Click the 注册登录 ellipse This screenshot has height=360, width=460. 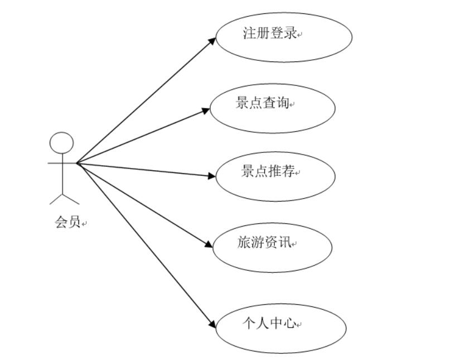[x=284, y=37]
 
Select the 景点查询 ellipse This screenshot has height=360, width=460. [x=272, y=108]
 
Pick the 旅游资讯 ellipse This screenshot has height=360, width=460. [x=272, y=246]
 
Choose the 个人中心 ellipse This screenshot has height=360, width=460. [x=280, y=328]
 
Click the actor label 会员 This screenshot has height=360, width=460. [x=68, y=222]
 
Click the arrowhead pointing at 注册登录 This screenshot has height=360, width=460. [x=212, y=40]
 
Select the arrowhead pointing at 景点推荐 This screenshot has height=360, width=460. [x=211, y=176]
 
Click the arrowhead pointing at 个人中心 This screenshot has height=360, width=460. [x=212, y=325]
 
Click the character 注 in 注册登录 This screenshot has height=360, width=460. [x=250, y=33]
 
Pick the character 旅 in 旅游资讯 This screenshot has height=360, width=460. [x=244, y=242]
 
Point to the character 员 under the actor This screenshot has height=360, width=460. [x=75, y=222]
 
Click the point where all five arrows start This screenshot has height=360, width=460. [x=76, y=163]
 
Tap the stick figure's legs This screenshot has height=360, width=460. [x=64, y=197]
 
